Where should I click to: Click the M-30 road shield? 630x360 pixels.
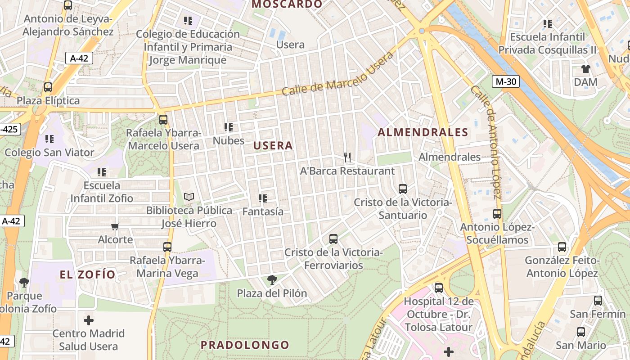(505, 82)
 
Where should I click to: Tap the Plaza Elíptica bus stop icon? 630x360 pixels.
(48, 87)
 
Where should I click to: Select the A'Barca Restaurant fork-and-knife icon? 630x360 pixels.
(347, 157)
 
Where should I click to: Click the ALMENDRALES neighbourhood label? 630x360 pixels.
(423, 132)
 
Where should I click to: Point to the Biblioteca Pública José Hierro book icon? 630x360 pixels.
(189, 197)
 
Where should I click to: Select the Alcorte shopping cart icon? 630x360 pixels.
(115, 226)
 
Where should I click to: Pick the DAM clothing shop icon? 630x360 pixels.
(585, 69)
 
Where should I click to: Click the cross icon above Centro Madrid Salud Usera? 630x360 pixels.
(89, 320)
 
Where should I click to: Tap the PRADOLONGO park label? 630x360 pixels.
(245, 345)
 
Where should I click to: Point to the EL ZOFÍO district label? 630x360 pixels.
(88, 274)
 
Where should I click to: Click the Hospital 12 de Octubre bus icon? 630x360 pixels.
(438, 288)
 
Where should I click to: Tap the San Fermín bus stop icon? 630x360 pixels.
(598, 301)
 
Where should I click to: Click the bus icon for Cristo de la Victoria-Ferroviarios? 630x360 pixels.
(333, 239)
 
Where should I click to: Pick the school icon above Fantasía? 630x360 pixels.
(263, 198)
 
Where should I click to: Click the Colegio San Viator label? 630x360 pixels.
(49, 153)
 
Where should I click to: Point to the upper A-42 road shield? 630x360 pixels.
(79, 58)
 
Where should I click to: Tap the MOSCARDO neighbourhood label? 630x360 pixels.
(287, 4)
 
